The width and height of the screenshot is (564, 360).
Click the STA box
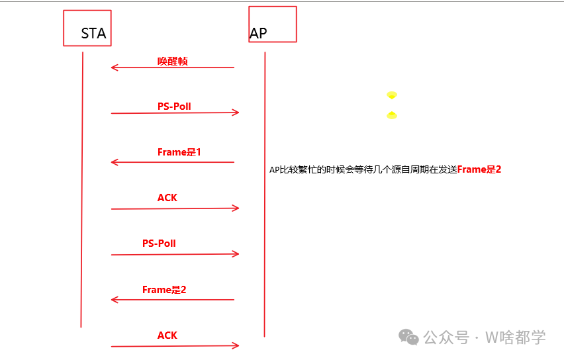coord(87,28)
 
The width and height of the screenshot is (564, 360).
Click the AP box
coord(272,24)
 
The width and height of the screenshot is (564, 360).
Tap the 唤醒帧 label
coord(172,61)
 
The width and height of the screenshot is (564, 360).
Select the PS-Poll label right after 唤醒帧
coord(174,106)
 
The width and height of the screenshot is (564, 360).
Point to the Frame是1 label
coord(179,152)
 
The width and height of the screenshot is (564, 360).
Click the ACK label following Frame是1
coord(167,198)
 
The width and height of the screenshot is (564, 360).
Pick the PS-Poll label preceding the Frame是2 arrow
coord(159,243)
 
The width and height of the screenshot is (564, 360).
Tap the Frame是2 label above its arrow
coord(164,290)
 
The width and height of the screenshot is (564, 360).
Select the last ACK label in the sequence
coord(167,336)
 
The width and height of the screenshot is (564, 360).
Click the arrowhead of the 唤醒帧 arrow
coord(114,67)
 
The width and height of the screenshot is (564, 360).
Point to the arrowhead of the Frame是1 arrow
coord(114,162)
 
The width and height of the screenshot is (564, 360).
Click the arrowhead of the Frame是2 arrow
coord(114,300)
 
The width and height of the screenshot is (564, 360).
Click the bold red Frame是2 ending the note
coord(479,169)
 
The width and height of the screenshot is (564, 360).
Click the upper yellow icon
coord(392,95)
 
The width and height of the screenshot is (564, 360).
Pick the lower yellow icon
coord(392,116)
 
